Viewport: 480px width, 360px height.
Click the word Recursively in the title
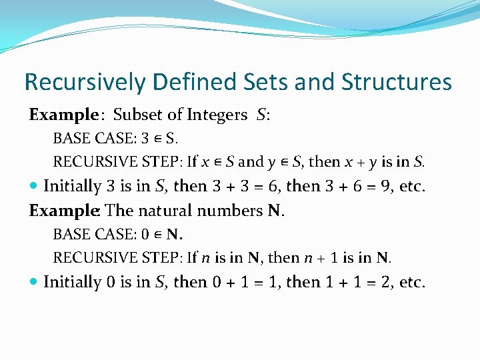84,83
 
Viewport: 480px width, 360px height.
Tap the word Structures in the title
396,83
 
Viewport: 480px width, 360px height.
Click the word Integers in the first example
217,115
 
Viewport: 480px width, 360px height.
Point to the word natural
167,211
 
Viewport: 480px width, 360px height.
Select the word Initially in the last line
73,282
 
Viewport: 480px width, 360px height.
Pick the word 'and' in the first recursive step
251,162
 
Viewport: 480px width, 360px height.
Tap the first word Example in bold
63,115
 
